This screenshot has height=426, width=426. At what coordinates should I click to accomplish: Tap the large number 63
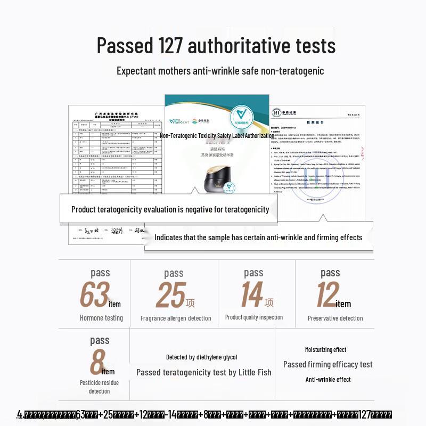point(94,295)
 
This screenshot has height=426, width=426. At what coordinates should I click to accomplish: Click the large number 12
point(327,295)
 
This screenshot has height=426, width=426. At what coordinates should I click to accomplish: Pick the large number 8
point(96,362)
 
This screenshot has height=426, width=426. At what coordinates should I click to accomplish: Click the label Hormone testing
point(101,318)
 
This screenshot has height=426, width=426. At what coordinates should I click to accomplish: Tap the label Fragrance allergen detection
point(176,318)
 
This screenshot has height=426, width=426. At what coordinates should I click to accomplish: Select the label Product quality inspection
point(254,317)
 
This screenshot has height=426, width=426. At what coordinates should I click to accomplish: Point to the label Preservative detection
point(335,318)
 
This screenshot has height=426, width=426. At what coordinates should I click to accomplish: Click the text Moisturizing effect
point(325,350)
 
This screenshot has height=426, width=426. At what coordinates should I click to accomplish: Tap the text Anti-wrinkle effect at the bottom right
point(328,380)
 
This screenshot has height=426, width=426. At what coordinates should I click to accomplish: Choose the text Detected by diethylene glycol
point(202,357)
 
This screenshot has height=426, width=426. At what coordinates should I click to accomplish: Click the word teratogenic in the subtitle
point(299,71)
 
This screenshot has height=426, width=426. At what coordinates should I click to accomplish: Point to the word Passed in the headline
point(124,46)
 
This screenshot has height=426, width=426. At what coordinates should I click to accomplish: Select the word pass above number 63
point(100,273)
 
